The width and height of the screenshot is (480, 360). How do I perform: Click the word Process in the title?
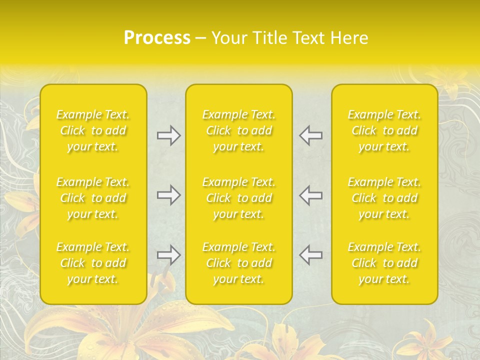(x=157, y=38)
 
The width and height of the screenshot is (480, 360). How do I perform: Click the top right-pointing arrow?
(x=168, y=135)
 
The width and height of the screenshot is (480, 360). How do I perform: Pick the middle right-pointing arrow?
(x=168, y=195)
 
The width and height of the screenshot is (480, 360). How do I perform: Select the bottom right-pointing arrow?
(x=168, y=255)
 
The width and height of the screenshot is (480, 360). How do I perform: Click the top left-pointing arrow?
(x=310, y=135)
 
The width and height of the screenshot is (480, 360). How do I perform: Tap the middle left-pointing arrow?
(x=310, y=195)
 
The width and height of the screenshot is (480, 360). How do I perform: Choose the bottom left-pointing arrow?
(x=310, y=255)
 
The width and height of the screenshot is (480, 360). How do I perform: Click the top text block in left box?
(x=93, y=131)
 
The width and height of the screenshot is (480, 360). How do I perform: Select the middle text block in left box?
(x=93, y=198)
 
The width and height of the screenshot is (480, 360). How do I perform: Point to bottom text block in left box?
(x=93, y=263)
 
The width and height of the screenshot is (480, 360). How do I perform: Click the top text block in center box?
(x=239, y=131)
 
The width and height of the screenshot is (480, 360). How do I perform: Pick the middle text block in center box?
(x=239, y=198)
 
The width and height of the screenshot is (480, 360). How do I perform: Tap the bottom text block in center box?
(x=239, y=263)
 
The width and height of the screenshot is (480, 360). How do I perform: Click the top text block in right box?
(x=384, y=131)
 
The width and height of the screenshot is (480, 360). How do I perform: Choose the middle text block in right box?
(x=384, y=198)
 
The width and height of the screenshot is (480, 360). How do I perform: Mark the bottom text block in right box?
(x=384, y=263)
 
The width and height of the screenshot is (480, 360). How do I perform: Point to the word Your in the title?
(x=228, y=38)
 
